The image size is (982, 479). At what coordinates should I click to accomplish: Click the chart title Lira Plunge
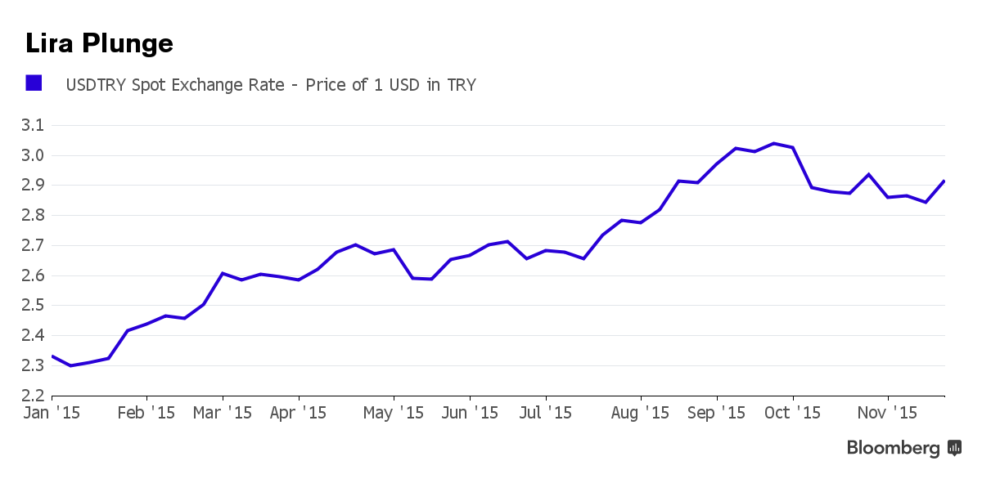click(99, 43)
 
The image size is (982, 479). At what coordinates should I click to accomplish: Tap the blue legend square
click(34, 83)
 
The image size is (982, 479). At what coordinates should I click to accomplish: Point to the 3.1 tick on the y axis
click(33, 126)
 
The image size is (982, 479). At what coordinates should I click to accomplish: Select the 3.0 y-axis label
click(33, 155)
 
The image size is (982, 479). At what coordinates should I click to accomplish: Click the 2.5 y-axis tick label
click(33, 306)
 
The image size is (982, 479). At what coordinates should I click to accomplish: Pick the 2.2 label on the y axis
click(33, 396)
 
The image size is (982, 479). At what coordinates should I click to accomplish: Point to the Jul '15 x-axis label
click(546, 414)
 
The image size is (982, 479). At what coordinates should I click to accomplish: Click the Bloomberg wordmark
click(893, 448)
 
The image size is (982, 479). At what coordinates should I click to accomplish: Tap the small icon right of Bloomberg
click(954, 448)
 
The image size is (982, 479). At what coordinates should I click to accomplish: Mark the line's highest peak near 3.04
click(773, 144)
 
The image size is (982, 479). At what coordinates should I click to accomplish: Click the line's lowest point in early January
click(70, 365)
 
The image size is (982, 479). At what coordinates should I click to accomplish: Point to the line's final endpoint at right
click(944, 181)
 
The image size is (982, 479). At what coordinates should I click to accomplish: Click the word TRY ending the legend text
click(461, 85)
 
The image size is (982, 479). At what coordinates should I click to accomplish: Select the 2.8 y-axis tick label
click(33, 216)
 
